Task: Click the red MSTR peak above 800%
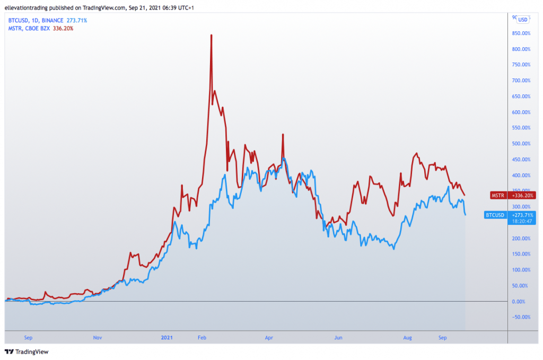211,36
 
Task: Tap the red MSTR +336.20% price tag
512,195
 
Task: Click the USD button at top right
522,20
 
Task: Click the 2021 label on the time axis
167,337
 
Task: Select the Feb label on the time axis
203,337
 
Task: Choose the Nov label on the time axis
98,337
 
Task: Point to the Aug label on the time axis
407,337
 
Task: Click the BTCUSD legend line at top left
48,20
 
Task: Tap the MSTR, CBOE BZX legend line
40,28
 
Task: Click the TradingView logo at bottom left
27,352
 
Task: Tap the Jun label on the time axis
337,337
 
